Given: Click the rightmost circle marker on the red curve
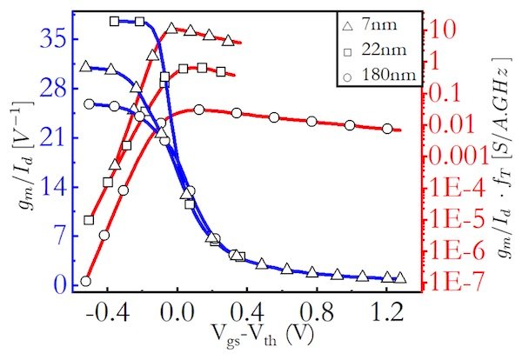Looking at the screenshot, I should coord(387,129).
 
